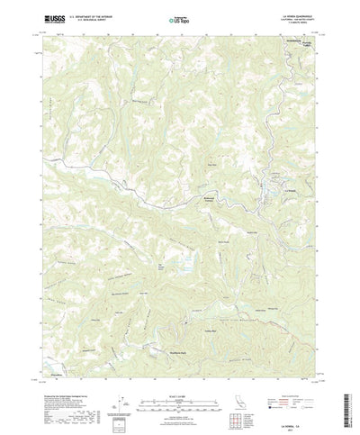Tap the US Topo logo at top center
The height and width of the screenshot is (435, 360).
pyautogui.click(x=179, y=17)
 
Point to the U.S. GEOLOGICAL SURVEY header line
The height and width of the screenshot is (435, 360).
pyautogui.click(x=76, y=19)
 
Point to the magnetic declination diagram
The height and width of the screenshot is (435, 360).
pyautogui.click(x=120, y=377)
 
